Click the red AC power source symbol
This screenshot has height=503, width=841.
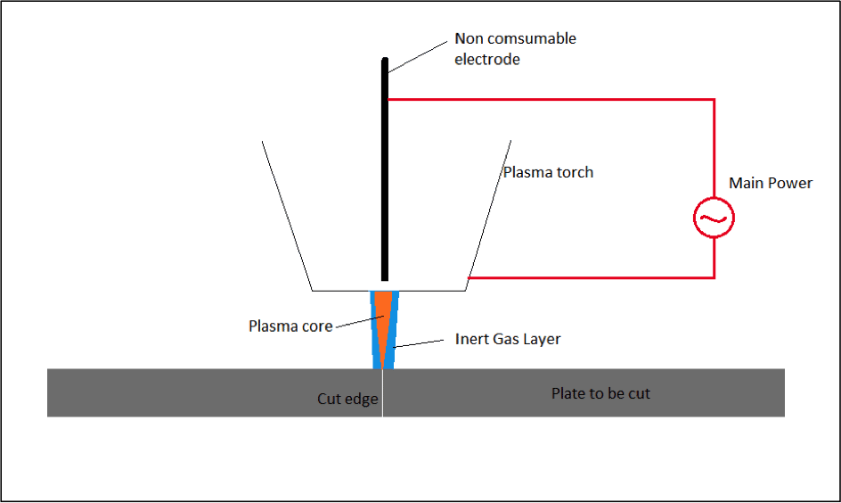[714, 218]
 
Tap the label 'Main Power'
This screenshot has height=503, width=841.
[771, 183]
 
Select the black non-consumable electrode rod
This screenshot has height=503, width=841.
[385, 178]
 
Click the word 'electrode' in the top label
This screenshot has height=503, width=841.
[487, 60]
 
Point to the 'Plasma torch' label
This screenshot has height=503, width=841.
[548, 172]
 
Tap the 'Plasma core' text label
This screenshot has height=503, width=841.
[290, 326]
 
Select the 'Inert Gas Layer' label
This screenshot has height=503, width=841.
[508, 339]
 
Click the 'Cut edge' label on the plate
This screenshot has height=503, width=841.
[348, 399]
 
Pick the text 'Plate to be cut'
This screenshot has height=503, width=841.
[600, 393]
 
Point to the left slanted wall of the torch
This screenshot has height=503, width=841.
[286, 214]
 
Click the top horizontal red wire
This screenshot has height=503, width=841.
[552, 99]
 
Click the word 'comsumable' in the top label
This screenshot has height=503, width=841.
[532, 38]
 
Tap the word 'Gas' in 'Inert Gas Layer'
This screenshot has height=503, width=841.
[506, 339]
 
